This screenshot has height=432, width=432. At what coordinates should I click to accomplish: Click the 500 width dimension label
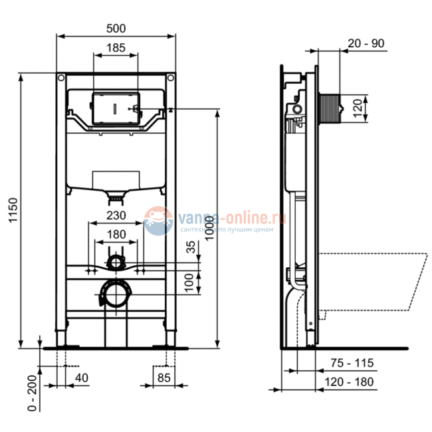[116, 28]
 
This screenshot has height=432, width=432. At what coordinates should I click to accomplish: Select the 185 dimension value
[116, 48]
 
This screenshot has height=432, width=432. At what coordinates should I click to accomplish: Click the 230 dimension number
[116, 215]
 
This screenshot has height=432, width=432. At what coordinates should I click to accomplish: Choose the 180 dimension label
[116, 233]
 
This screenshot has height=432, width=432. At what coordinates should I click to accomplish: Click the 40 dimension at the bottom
[82, 378]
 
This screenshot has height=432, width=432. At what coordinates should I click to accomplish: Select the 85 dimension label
[164, 378]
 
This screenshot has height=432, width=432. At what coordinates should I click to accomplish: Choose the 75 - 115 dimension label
[353, 363]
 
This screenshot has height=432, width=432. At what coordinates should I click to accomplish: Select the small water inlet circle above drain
[116, 262]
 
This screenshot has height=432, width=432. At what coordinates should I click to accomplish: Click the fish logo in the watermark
[158, 220]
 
